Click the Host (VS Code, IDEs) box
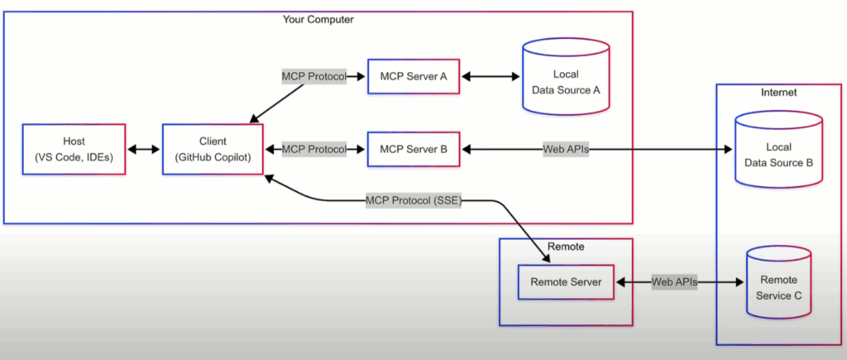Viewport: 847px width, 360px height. [x=74, y=149]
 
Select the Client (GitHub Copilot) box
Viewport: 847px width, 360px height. [x=213, y=149]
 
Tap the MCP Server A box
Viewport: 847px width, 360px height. [x=414, y=76]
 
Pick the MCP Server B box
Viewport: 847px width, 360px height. [x=414, y=150]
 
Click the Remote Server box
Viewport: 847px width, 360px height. [x=566, y=282]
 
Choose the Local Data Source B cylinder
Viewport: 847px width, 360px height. [x=778, y=153]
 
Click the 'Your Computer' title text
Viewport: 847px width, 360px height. [x=318, y=19]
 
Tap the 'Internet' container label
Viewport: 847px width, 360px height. [x=778, y=93]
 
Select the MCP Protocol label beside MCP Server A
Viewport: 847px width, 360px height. [x=313, y=76]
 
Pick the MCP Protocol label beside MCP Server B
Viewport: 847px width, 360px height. [x=313, y=150]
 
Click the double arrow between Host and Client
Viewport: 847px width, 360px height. [x=144, y=150]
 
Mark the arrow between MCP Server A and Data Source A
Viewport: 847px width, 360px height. [x=490, y=76]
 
